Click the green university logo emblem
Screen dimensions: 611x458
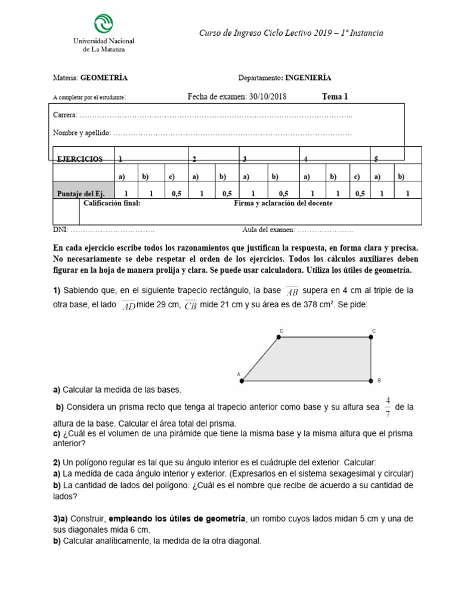click(x=104, y=24)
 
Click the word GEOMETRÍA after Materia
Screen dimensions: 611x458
click(x=104, y=78)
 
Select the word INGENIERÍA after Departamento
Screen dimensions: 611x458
click(x=308, y=78)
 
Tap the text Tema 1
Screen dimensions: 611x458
click(x=335, y=97)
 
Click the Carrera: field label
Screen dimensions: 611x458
click(x=65, y=115)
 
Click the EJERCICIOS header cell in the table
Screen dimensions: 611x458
click(x=79, y=159)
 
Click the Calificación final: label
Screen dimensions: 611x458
click(x=112, y=203)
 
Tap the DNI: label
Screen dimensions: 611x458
click(x=61, y=229)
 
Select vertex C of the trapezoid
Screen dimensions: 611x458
click(x=371, y=337)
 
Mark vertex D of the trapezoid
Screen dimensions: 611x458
click(x=278, y=337)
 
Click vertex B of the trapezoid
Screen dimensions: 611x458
click(x=371, y=380)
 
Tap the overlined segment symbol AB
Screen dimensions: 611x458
click(x=292, y=291)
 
